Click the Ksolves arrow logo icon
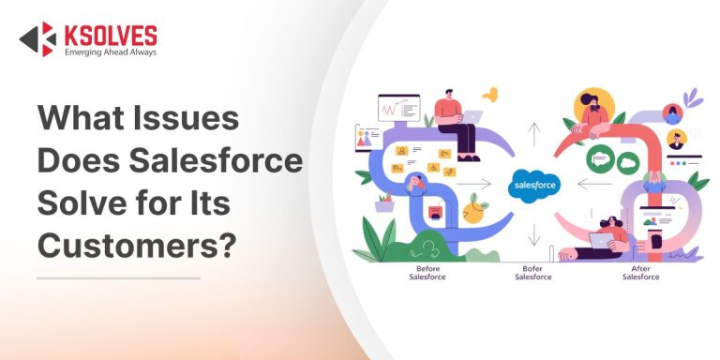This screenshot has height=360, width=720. (x=37, y=38)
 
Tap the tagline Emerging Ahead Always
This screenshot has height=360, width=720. (x=110, y=52)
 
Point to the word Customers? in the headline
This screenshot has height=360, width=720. (x=137, y=242)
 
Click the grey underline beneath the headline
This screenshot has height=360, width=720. (x=118, y=277)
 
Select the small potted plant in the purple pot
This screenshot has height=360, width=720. (x=384, y=202)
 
